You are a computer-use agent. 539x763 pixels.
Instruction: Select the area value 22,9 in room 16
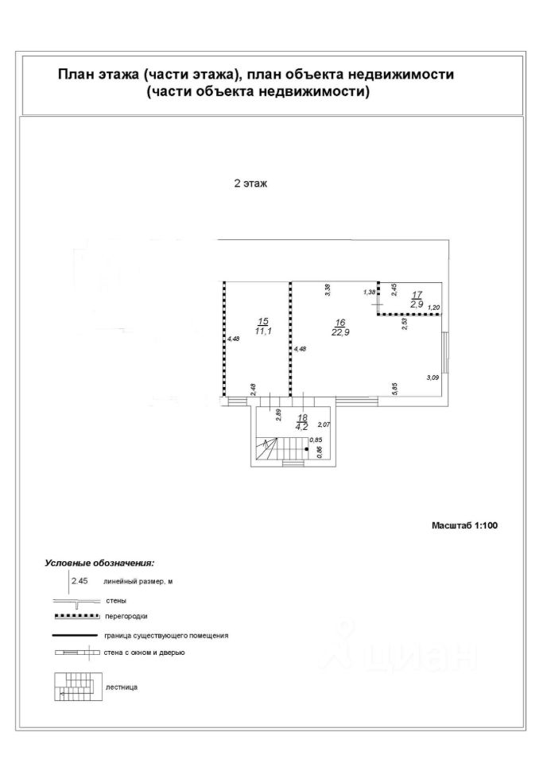coord(340,331)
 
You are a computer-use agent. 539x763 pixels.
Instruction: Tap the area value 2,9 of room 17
coord(417,304)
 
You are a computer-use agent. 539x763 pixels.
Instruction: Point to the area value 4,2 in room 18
coord(302,426)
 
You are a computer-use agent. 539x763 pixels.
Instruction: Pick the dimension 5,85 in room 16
coord(394,389)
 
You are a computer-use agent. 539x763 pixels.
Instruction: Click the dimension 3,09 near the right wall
coord(432,377)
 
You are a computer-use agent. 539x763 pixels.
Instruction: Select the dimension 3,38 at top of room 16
coord(327,290)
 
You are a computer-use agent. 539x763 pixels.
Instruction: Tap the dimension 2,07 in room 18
coord(324,426)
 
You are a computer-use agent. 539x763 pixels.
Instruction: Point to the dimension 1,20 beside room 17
coord(433,307)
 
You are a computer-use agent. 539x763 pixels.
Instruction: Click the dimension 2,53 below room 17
coord(404,323)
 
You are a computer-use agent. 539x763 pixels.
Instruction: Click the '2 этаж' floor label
coord(250,184)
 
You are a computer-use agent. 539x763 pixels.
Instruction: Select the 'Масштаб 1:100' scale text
coord(463,525)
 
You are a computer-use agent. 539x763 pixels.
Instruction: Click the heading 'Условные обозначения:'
coord(99,563)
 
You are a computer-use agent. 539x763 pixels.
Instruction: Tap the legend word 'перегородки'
coord(126,616)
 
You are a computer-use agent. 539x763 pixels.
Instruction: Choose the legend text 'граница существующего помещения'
coord(165,635)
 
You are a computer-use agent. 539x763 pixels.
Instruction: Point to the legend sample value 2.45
coord(79,582)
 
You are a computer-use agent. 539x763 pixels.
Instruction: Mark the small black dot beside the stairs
coord(308,449)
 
